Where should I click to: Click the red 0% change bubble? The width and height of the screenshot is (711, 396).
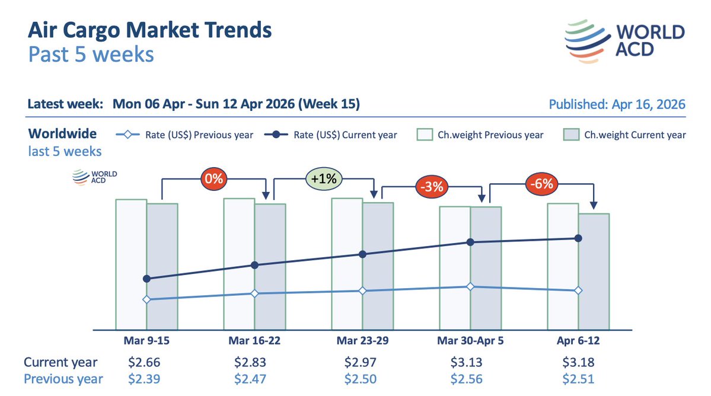[213, 178]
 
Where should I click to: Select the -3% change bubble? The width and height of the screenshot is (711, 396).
[431, 186]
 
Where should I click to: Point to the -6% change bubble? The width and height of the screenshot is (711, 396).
[540, 184]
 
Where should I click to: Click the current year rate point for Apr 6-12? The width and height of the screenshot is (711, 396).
[578, 238]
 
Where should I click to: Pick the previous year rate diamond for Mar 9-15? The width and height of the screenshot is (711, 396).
[146, 299]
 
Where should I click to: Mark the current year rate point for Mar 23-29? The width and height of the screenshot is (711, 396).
[362, 254]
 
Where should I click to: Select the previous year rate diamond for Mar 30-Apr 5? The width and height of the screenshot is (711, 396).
[470, 286]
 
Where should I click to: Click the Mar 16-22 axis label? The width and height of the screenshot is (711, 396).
[254, 340]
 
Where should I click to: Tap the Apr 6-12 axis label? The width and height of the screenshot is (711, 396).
[578, 340]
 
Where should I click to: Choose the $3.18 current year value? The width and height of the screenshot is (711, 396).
[578, 362]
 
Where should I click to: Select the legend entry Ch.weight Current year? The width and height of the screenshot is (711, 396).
[624, 135]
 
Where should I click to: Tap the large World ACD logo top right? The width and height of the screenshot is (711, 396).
[624, 40]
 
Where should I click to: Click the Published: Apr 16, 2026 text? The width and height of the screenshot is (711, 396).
[617, 104]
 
